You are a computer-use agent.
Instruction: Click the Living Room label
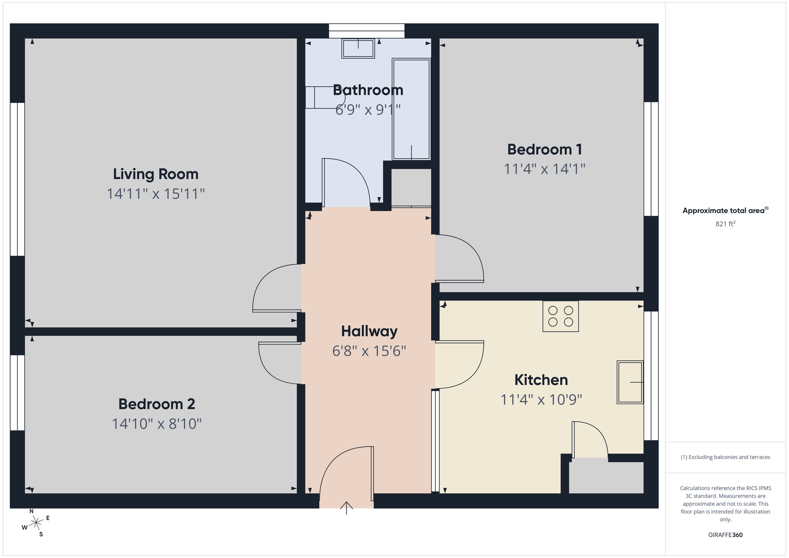[155, 174]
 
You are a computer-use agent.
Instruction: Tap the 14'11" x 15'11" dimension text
[155, 194]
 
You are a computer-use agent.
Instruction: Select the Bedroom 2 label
[157, 404]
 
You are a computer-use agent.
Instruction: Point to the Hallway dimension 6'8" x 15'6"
[369, 351]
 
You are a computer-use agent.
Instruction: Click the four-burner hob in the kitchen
[560, 316]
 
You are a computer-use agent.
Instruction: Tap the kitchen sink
[630, 382]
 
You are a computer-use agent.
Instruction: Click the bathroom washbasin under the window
[358, 49]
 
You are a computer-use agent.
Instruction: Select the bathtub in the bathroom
[411, 109]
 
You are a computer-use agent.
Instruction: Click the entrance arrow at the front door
[346, 507]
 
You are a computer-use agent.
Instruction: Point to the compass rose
[36, 523]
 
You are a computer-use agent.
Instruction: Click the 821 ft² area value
[725, 224]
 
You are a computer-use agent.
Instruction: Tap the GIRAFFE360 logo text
[725, 535]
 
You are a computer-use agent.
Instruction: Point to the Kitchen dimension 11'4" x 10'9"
[541, 400]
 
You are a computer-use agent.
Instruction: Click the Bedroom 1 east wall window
[651, 159]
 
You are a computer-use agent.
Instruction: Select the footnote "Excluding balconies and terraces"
[725, 457]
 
